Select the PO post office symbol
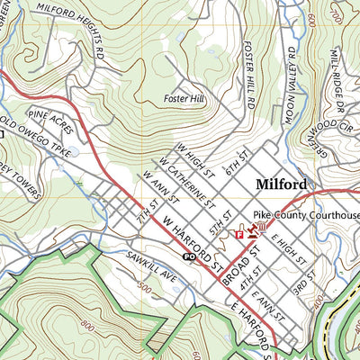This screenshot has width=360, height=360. [x=189, y=256]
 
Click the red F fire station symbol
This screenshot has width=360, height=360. [x=239, y=234]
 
